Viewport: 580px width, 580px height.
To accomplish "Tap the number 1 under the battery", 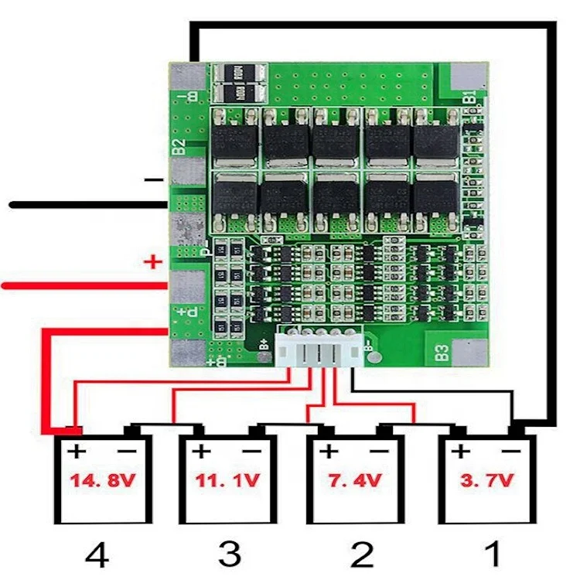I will pos(490,554).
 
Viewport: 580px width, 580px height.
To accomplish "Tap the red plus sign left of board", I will pos(153,262).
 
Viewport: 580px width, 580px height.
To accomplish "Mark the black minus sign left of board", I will pos(154,179).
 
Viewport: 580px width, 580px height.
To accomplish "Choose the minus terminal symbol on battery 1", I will pos(510,452).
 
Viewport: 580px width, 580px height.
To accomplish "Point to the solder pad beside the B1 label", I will pos(467,77).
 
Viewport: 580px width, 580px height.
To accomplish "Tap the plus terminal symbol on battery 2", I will pos(329,452).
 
